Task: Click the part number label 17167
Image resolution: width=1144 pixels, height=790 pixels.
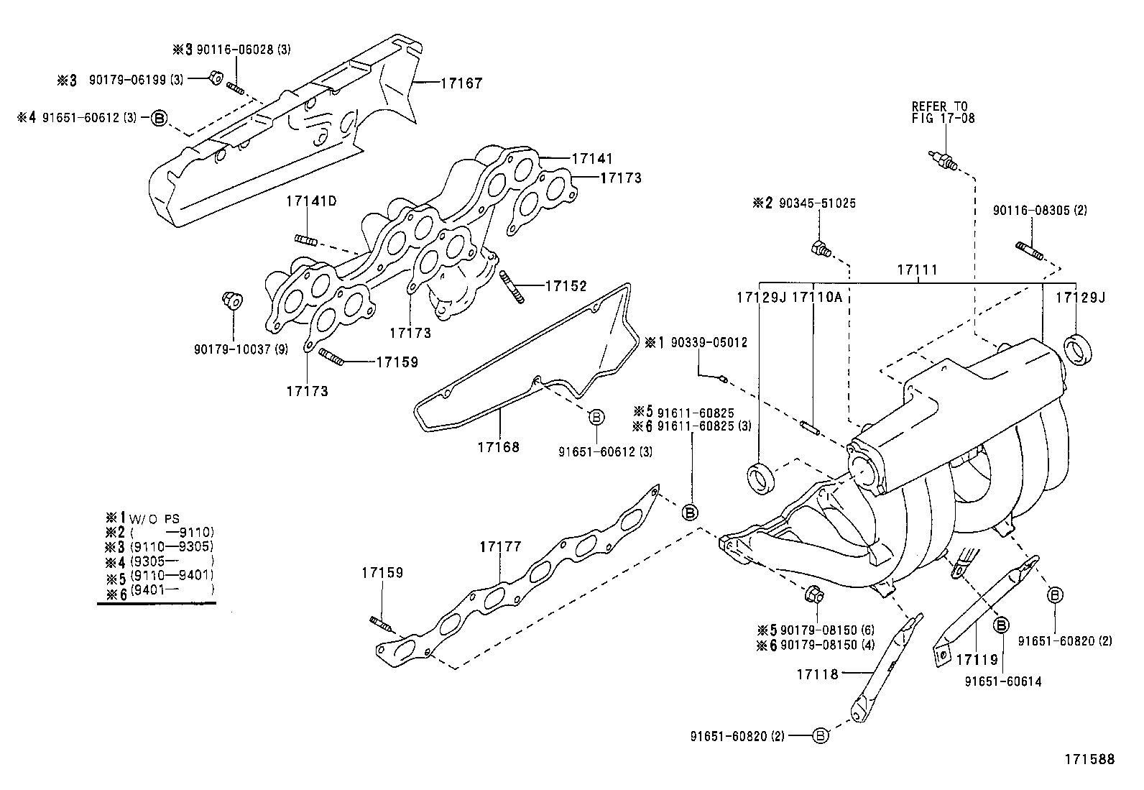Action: tap(461, 83)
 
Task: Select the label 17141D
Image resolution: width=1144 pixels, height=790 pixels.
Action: tap(311, 201)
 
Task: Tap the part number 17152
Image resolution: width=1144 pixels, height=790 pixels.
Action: tap(566, 286)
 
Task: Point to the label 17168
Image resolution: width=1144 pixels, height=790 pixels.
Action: tap(498, 447)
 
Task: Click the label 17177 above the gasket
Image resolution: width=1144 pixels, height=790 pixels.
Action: tap(501, 547)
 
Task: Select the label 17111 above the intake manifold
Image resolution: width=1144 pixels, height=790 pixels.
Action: tap(918, 270)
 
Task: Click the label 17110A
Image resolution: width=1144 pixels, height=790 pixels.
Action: tap(816, 297)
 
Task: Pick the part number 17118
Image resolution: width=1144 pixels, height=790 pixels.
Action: tap(817, 674)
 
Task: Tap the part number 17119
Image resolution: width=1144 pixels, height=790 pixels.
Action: tap(976, 658)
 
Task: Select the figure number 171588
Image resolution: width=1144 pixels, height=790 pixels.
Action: tap(1089, 759)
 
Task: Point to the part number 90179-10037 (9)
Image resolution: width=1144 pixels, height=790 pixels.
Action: tap(241, 349)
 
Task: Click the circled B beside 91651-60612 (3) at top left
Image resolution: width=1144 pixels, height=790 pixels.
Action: tap(159, 117)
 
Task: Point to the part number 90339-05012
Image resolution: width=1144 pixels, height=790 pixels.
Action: tap(709, 343)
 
